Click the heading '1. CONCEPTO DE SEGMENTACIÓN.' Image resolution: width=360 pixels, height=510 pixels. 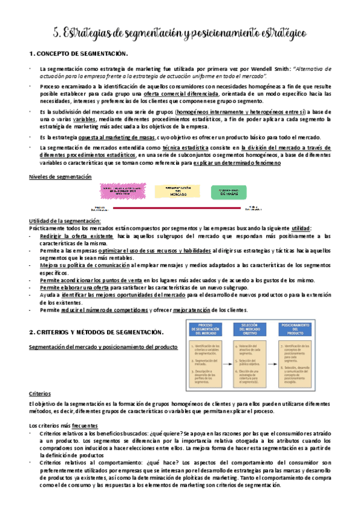tap(79, 54)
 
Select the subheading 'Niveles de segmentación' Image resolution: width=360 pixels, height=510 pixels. tap(61, 176)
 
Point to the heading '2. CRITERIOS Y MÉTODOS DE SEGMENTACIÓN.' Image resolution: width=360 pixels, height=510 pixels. tap(96, 332)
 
